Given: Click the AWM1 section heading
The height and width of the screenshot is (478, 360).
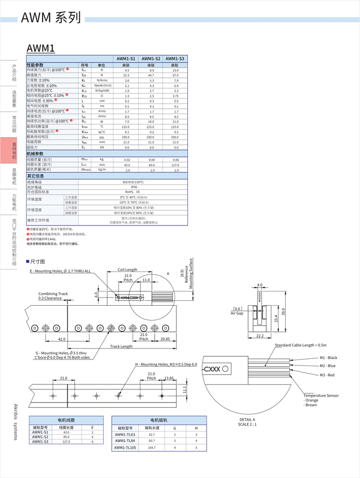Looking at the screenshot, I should click(40, 48).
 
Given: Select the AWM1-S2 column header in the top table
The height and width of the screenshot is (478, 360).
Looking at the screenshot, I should click(151, 59).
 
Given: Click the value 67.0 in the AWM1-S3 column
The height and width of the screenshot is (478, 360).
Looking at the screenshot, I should click(175, 75).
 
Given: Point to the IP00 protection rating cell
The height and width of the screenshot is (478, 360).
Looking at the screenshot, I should click(133, 187).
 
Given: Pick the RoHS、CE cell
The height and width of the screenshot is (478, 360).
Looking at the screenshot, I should click(133, 192).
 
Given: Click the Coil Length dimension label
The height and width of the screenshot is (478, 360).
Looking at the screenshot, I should click(128, 270).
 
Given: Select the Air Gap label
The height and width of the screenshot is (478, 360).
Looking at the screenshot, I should click(237, 313).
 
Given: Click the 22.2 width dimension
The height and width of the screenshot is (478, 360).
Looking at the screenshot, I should click(259, 336).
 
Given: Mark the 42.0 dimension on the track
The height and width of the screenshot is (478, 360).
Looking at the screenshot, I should click(61, 339).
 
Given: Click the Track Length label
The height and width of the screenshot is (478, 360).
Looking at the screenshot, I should click(121, 346).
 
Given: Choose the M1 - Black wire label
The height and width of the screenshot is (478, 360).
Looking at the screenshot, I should click(328, 357).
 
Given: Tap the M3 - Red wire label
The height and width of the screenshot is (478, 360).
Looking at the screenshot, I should click(327, 375).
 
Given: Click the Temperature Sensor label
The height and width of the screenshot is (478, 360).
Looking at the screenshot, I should click(321, 395).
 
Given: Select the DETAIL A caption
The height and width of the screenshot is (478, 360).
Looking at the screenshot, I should click(247, 419).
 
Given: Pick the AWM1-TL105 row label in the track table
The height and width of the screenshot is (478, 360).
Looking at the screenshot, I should click(125, 448).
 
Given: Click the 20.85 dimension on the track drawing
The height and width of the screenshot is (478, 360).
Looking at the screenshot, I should click(165, 339).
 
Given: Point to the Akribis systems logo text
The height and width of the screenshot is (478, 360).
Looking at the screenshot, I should click(14, 422).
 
